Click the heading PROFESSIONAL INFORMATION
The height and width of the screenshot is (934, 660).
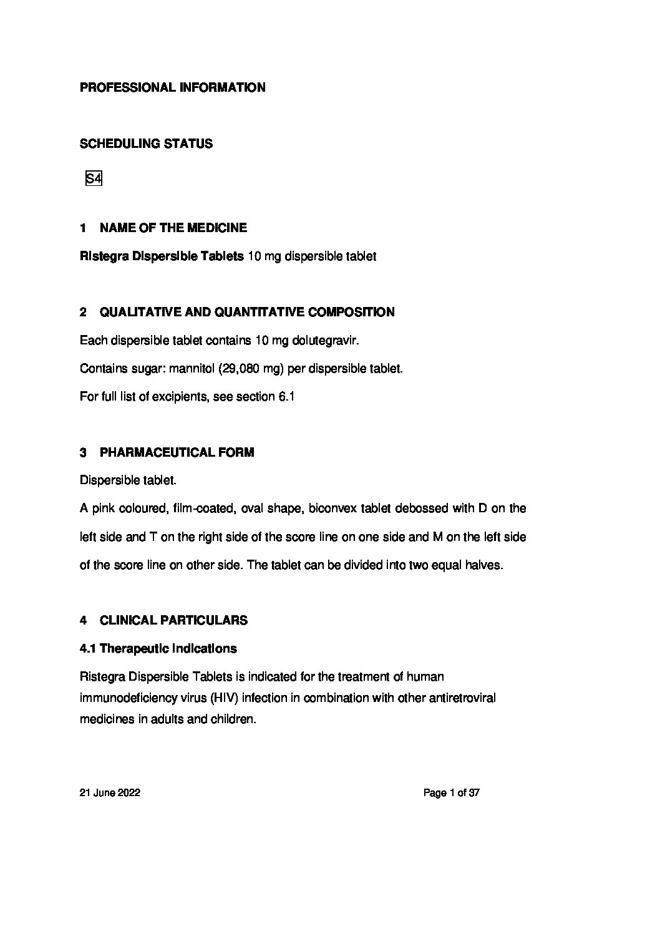pyautogui.click(x=172, y=87)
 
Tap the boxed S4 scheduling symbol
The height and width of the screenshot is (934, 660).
pyautogui.click(x=94, y=179)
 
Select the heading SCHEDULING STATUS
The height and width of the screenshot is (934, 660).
pyautogui.click(x=146, y=144)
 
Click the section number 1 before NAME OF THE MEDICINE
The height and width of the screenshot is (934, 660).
pyautogui.click(x=83, y=228)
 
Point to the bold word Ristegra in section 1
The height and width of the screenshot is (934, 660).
pyautogui.click(x=104, y=256)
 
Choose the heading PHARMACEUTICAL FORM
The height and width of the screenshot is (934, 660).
pyautogui.click(x=177, y=452)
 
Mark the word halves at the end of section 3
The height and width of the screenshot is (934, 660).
pyautogui.click(x=484, y=565)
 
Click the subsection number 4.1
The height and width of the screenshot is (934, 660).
pyautogui.click(x=88, y=648)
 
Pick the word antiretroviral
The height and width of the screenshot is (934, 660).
pyautogui.click(x=462, y=698)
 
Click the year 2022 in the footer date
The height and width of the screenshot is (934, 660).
pyautogui.click(x=129, y=793)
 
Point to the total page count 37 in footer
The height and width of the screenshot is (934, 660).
pyautogui.click(x=473, y=793)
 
